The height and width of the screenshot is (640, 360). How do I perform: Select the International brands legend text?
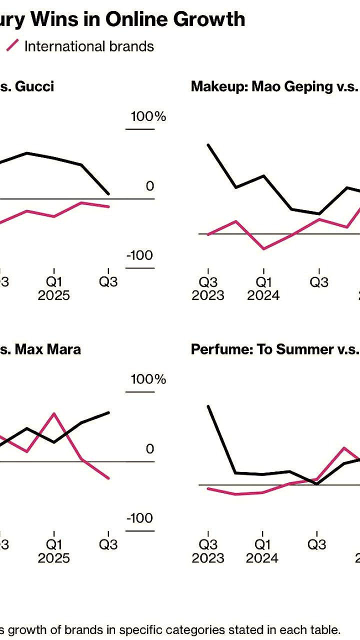tap(89, 46)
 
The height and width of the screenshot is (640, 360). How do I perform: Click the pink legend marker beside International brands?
tap(12, 45)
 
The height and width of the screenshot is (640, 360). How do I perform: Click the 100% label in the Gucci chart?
tap(148, 117)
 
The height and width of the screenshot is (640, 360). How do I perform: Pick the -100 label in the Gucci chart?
tap(140, 256)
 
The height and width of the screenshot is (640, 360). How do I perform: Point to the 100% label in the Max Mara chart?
tap(148, 379)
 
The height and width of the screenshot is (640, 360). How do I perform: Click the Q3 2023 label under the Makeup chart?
tap(208, 288)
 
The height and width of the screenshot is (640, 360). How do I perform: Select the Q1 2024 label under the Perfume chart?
tap(262, 550)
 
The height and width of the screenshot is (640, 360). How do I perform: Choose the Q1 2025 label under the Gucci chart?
tap(54, 288)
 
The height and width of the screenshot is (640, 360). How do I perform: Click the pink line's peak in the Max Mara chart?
tap(54, 413)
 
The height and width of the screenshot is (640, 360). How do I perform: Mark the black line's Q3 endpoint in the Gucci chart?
tap(108, 194)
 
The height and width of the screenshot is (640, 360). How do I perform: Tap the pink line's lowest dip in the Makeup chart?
tap(263, 248)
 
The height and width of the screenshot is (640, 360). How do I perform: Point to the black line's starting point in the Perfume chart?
tap(208, 406)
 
